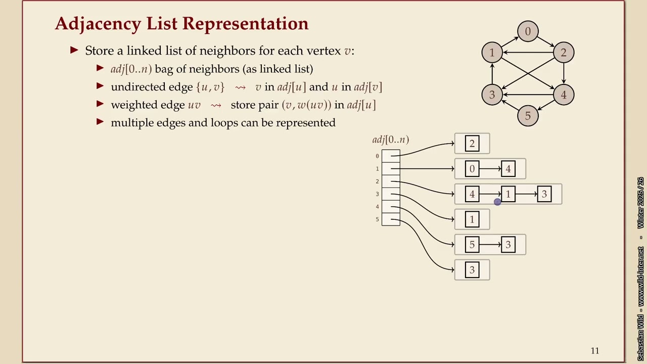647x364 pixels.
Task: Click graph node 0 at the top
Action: (x=528, y=31)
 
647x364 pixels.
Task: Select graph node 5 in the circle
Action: (x=528, y=116)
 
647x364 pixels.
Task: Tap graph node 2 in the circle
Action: (x=563, y=53)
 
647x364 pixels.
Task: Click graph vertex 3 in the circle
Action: (x=492, y=95)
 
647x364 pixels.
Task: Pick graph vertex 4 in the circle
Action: (x=563, y=95)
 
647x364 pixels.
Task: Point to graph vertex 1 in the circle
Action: (x=492, y=53)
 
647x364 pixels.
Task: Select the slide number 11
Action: (x=594, y=350)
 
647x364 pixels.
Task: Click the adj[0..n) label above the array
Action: (x=390, y=140)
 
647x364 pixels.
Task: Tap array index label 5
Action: (x=377, y=219)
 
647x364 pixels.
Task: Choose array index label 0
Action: (x=377, y=156)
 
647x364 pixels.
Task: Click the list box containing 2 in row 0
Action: (x=472, y=144)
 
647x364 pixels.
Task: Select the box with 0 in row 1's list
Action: (x=472, y=169)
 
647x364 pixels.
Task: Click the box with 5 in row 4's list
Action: (x=472, y=245)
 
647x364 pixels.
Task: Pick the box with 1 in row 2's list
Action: (x=508, y=194)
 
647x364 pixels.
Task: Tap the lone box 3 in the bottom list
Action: (x=472, y=270)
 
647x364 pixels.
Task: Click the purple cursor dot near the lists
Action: (x=497, y=202)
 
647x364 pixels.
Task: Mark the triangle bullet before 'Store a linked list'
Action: (x=75, y=50)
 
